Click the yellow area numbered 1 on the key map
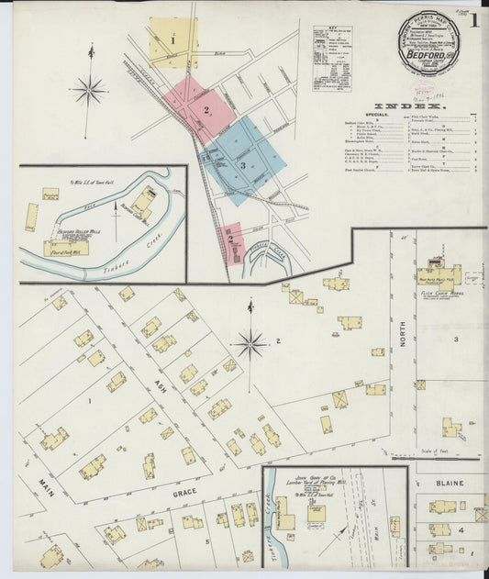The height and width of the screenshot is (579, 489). tap(172, 41)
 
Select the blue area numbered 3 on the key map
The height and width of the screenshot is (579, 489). tap(244, 165)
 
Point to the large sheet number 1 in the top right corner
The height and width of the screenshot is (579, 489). tap(475, 22)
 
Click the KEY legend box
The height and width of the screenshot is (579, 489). tap(331, 58)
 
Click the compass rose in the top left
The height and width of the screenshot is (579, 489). tap(89, 89)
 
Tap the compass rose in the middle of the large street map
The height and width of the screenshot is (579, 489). tap(249, 346)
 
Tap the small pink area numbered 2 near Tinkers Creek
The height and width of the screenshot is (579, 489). tap(232, 241)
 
